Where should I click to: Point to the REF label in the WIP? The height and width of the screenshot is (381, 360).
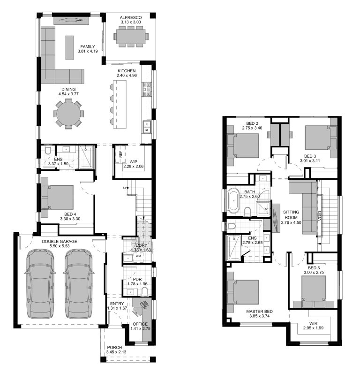120,154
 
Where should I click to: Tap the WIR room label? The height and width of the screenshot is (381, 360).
313,323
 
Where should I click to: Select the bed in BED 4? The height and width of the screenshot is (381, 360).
58,199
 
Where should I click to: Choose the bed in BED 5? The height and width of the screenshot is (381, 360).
313,290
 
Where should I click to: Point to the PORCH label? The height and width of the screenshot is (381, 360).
114,348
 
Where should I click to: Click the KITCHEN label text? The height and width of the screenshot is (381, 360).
127,71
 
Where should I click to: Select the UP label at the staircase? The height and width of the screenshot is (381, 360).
125,188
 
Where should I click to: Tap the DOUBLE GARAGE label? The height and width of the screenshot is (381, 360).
59,242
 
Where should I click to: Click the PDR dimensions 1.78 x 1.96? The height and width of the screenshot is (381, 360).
137,284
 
